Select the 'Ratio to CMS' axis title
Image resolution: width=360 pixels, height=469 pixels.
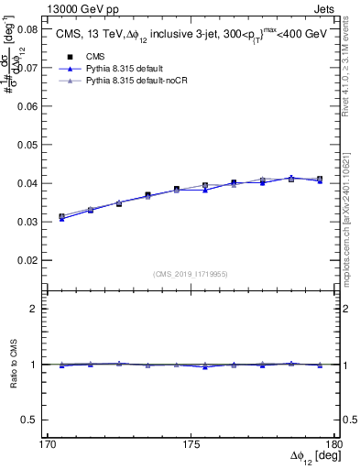tap(14, 364)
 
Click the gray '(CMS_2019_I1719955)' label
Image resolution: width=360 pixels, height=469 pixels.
tap(192, 273)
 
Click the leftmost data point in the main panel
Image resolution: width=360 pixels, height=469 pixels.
tap(62, 217)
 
